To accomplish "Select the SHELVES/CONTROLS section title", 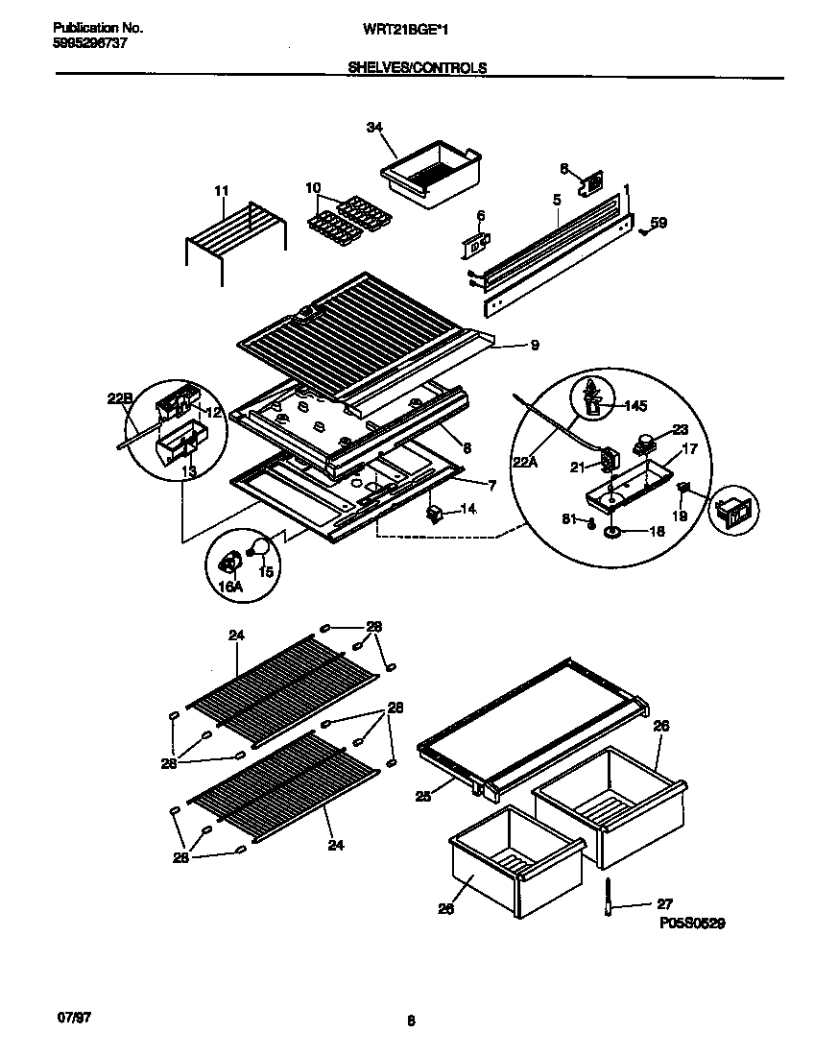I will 416,68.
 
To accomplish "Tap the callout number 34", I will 374,127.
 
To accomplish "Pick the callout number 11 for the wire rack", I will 222,191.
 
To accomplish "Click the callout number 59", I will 658,223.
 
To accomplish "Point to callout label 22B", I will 120,396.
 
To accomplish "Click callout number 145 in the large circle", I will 634,405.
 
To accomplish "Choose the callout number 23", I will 680,429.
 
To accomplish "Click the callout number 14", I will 467,509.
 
